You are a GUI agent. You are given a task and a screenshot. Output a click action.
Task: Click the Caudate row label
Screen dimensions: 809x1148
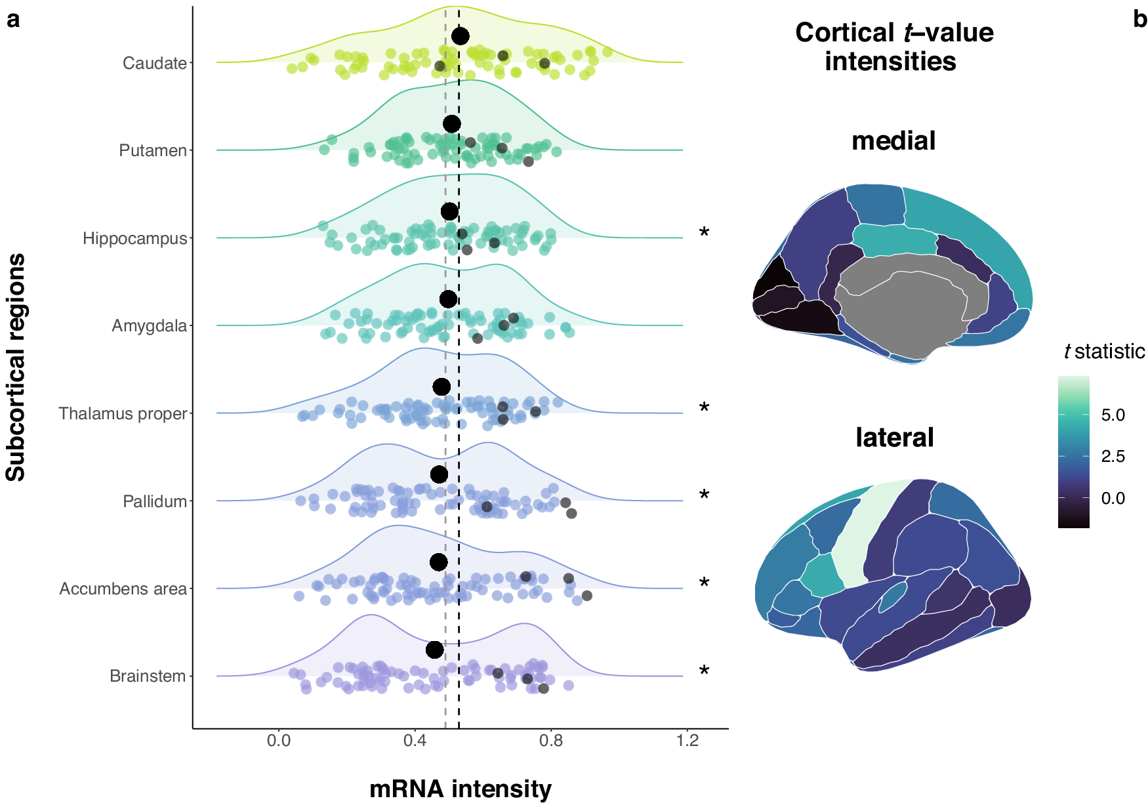154,63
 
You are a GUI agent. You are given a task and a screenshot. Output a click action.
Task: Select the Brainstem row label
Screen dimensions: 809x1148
148,676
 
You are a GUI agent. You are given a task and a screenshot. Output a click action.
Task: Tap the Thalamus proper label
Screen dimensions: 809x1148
123,413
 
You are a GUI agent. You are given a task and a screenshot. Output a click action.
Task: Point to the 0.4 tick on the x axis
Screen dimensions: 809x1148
415,741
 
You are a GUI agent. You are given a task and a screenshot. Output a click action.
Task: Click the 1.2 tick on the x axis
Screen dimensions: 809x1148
687,741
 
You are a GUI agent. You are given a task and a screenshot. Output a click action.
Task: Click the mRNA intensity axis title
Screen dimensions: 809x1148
460,789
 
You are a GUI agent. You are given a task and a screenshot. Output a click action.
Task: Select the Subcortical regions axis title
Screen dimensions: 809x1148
16,367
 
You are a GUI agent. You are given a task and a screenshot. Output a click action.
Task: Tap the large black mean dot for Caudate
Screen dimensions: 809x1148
461,36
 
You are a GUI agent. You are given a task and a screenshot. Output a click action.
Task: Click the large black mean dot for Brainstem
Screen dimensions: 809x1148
434,650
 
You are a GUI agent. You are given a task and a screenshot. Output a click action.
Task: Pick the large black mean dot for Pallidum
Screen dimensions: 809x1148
439,474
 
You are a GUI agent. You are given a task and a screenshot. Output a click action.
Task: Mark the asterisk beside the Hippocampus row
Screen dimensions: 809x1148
704,234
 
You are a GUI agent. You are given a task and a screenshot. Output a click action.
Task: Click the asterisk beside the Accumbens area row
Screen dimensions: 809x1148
704,584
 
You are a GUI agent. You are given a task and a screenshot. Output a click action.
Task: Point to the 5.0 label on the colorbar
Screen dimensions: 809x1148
1113,415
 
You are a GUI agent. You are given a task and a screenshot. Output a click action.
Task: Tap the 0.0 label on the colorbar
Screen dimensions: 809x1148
1113,498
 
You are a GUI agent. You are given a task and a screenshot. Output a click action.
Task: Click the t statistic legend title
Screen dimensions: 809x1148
1104,352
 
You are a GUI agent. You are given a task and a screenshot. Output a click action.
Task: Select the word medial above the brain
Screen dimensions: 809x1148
893,140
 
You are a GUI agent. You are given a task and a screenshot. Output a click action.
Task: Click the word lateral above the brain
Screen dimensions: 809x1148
894,437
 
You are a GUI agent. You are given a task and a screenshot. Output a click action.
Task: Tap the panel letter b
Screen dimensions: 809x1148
1139,20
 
